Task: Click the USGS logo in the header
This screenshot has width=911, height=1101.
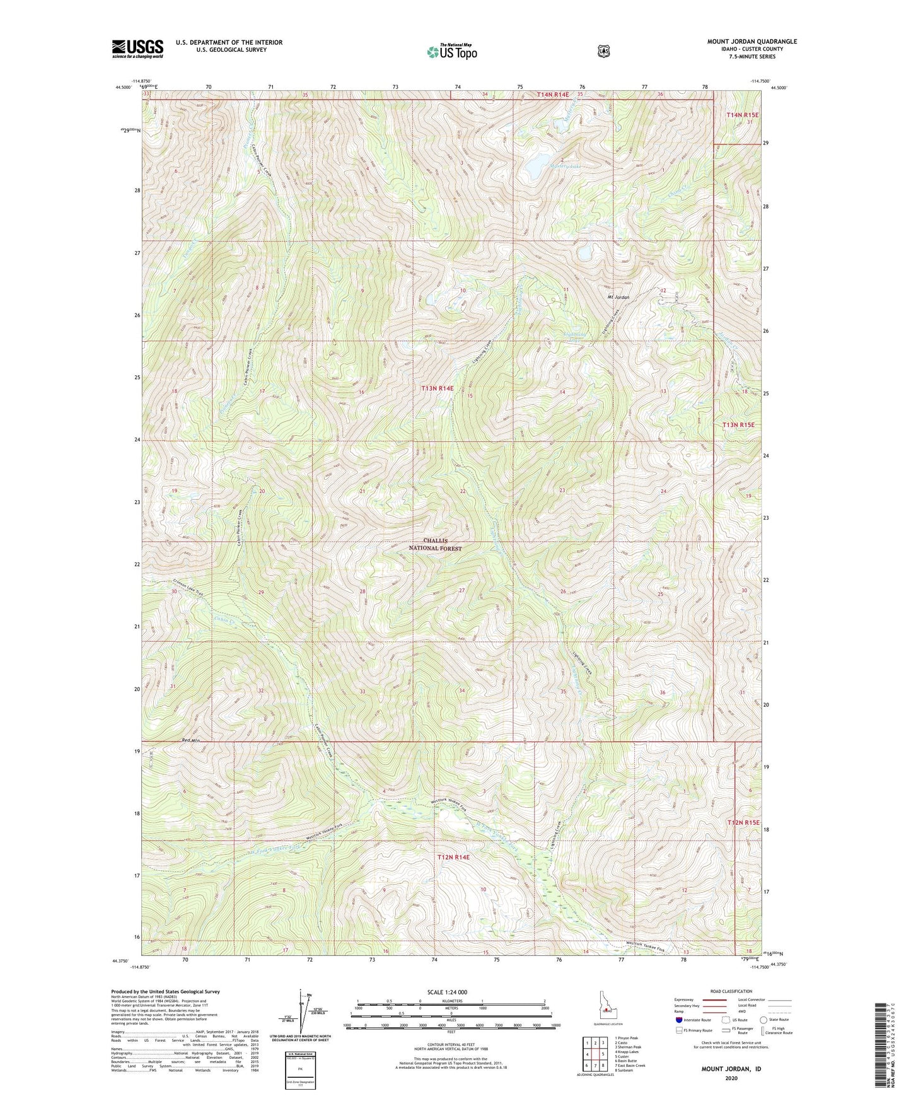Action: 137,49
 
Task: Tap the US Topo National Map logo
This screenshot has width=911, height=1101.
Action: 451,51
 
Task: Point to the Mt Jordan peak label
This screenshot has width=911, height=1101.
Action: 618,297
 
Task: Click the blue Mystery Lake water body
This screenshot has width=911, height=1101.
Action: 536,168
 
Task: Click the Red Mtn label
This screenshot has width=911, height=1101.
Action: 190,740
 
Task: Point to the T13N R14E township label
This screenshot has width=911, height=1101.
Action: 437,388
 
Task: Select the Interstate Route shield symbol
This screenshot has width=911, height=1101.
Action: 678,1020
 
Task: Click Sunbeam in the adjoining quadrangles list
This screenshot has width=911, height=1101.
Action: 624,1070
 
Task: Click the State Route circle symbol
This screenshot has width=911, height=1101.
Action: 763,1020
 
